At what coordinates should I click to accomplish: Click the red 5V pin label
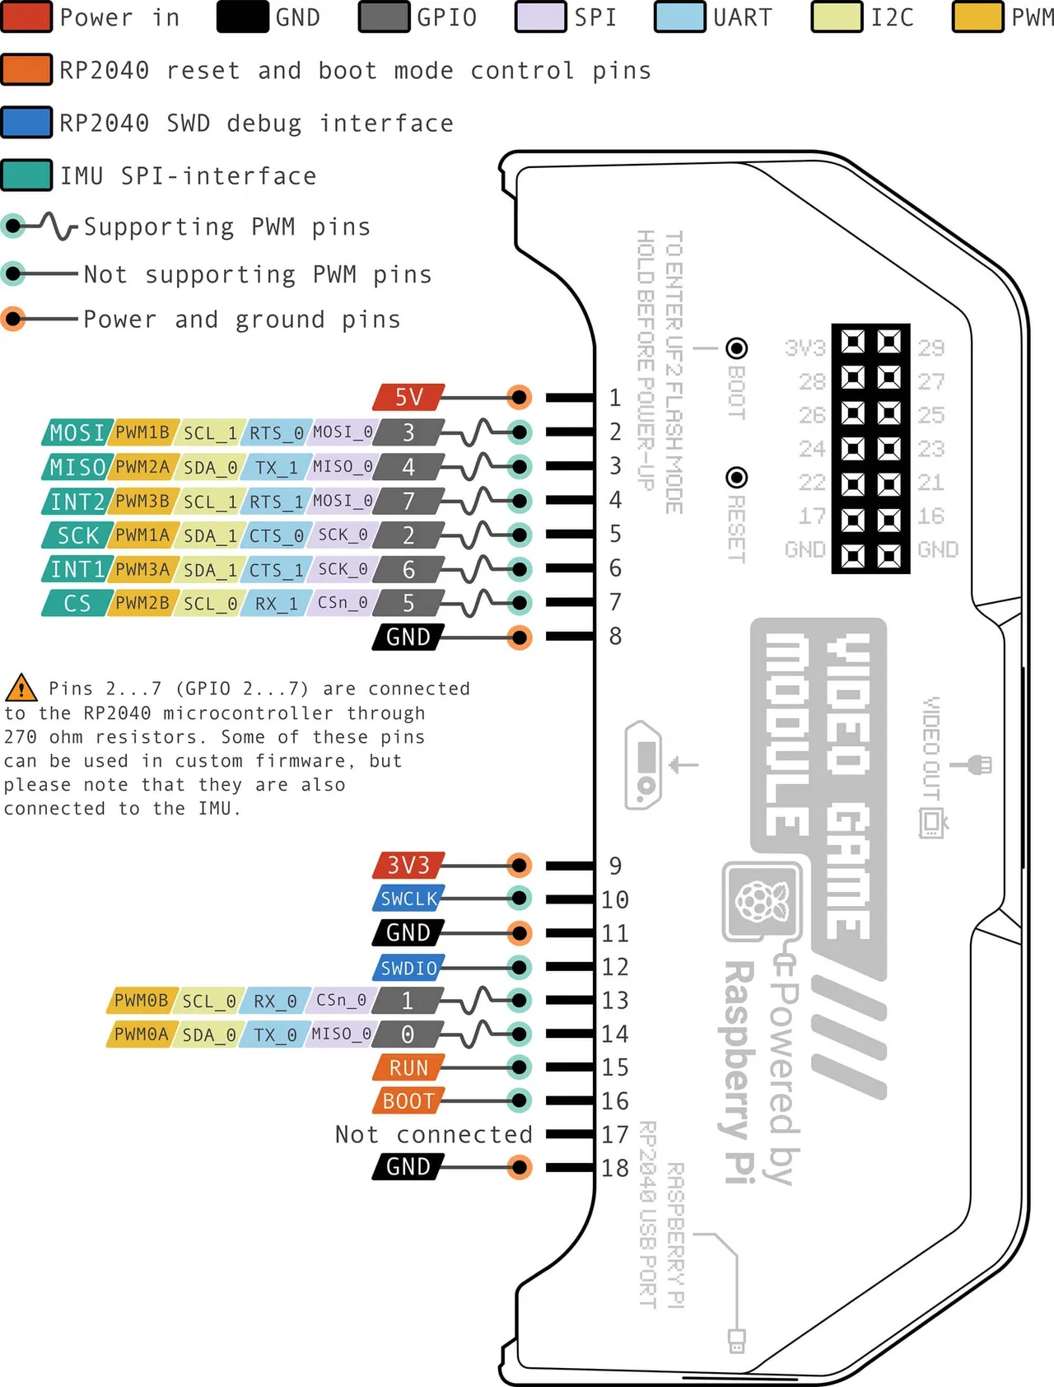408,397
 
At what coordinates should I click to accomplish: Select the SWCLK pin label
408,899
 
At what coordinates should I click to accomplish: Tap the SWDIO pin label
408,968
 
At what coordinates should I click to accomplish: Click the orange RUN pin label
408,1067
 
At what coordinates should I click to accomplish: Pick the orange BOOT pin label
408,1101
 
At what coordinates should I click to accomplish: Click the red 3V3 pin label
408,865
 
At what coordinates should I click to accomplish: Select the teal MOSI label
77,432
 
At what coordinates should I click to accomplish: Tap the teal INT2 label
77,501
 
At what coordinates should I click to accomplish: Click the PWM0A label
141,1034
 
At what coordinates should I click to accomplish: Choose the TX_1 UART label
276,467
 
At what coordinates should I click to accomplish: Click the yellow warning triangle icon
21,688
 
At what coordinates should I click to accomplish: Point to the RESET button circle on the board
737,478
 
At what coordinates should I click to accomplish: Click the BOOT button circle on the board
737,348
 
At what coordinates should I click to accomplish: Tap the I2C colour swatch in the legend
837,17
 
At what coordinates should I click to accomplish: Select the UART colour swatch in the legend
680,17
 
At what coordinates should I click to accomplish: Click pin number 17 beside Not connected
615,1134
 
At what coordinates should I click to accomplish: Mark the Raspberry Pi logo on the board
762,901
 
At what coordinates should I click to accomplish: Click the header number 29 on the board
931,348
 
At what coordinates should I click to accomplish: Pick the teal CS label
77,604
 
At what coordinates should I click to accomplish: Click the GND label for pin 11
408,933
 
